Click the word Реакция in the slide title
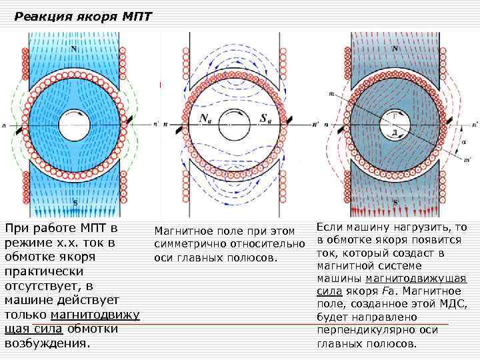[39, 17]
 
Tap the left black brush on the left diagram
[21, 125]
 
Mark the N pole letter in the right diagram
[395, 49]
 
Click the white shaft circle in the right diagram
[395, 125]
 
